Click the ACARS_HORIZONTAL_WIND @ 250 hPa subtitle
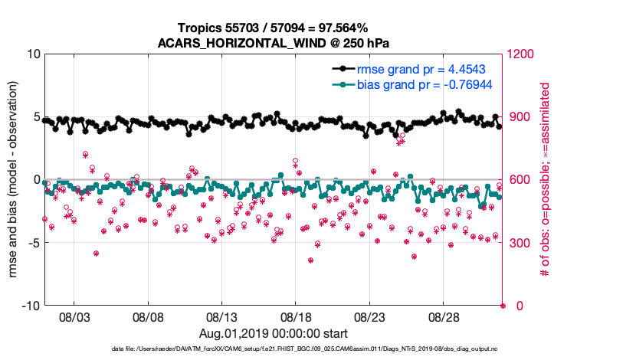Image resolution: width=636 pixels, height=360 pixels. pyautogui.click(x=273, y=42)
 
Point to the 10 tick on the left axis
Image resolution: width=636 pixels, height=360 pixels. pyautogui.click(x=33, y=54)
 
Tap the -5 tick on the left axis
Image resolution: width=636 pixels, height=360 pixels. pyautogui.click(x=33, y=243)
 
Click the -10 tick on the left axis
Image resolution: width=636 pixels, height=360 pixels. pyautogui.click(x=30, y=306)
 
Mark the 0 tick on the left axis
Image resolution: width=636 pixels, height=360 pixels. pyautogui.click(x=36, y=180)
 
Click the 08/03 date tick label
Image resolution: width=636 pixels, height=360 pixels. pyautogui.click(x=74, y=318)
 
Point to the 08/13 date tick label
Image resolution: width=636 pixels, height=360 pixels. pyautogui.click(x=222, y=318)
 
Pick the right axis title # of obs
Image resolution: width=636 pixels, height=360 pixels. pyautogui.click(x=546, y=180)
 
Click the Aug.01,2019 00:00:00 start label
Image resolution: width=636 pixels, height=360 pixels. pyautogui.click(x=273, y=334)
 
